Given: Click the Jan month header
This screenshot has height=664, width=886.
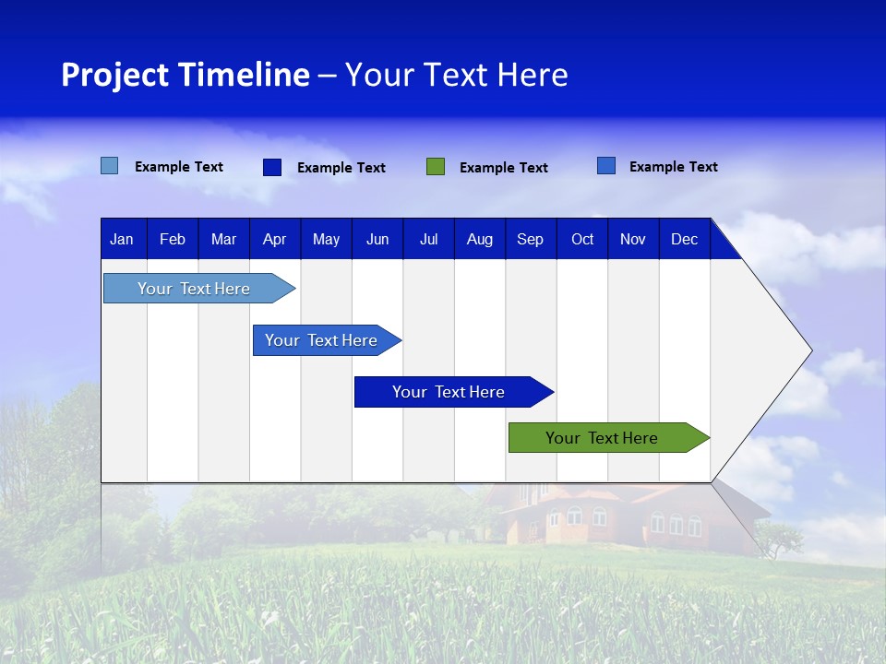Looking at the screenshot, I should [122, 239].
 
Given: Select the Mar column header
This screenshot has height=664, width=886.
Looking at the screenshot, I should [223, 239].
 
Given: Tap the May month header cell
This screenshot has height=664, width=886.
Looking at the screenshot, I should [326, 239].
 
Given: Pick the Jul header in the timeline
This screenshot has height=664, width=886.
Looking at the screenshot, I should [428, 239].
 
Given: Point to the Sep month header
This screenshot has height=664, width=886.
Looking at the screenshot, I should [530, 239].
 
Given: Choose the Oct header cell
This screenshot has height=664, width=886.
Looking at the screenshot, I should [582, 239].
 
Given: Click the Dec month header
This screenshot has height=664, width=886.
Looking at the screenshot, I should [684, 239].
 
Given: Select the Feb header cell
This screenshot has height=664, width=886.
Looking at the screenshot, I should [173, 239].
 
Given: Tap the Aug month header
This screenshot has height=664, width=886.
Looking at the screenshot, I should [479, 239].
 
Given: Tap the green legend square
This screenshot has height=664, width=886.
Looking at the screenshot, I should [436, 167].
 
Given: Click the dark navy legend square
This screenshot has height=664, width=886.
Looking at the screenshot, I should [272, 167].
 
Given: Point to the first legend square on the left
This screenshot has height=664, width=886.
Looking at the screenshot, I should [110, 166].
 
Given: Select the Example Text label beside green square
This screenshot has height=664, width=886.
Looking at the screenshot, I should [503, 168].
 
